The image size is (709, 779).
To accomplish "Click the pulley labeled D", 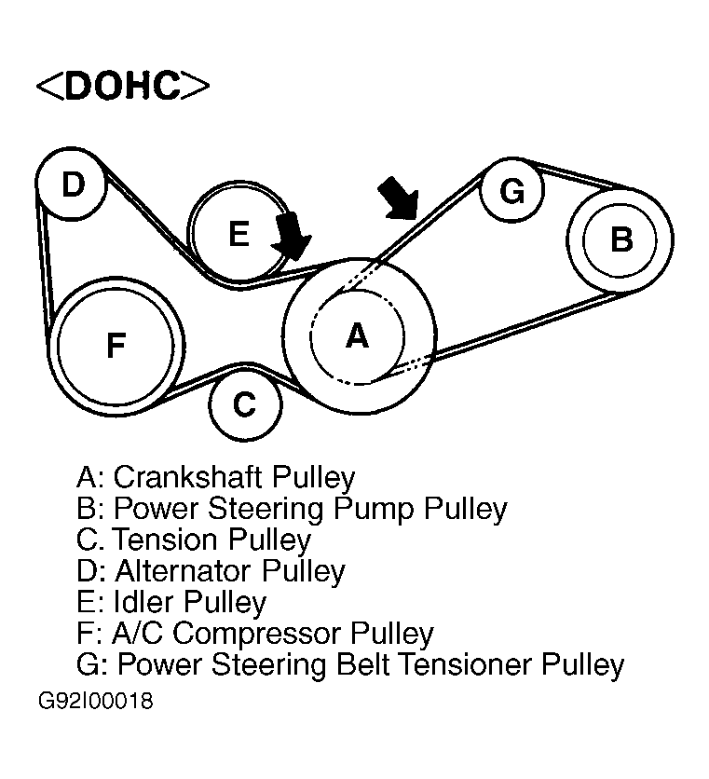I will [x=73, y=184].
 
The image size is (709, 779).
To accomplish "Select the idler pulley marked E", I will [x=239, y=233].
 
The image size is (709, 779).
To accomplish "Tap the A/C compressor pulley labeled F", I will [x=116, y=346].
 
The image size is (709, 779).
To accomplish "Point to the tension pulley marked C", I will [x=244, y=404].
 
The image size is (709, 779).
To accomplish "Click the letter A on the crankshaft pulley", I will [x=357, y=335].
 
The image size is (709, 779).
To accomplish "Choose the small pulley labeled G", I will [x=511, y=191].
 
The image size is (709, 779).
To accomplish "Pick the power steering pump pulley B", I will [x=620, y=239].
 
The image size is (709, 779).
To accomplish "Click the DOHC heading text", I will [x=122, y=86].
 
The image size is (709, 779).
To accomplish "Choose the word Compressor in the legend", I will [x=257, y=634].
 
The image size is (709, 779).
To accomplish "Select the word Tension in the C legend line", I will [x=162, y=540].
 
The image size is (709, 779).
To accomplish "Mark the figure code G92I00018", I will [x=96, y=701].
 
